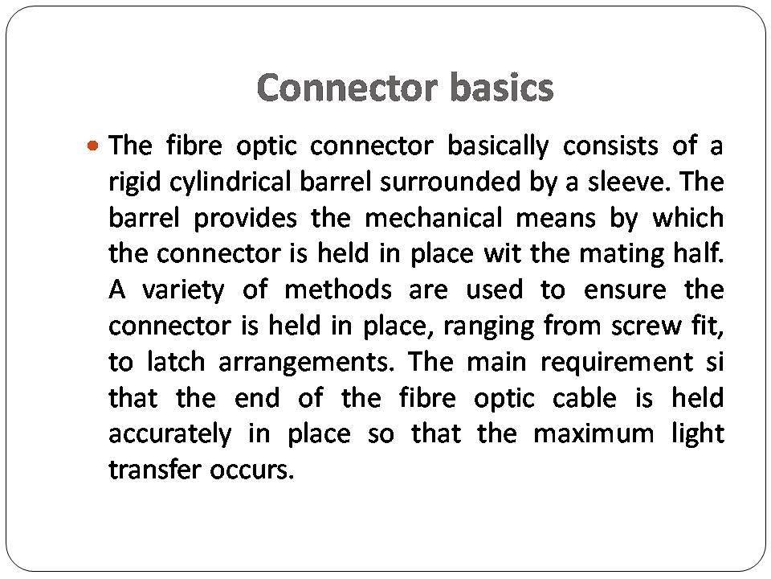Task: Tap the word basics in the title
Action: coord(502,88)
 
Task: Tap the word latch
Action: coord(172,362)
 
